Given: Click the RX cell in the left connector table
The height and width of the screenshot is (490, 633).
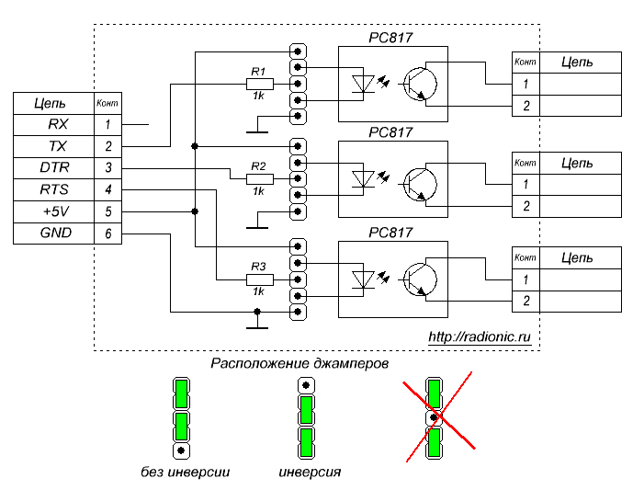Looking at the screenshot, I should [51, 123].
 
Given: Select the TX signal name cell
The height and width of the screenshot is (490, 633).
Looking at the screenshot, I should [51, 145].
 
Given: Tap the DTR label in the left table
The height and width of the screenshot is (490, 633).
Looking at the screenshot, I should [51, 167].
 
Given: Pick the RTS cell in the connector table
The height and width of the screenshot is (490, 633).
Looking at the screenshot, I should [51, 189].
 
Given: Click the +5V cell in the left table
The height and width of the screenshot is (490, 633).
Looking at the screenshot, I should [51, 211].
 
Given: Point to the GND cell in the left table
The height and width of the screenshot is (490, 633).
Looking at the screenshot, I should [51, 234].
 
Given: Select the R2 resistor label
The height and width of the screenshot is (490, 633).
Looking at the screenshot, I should [258, 166].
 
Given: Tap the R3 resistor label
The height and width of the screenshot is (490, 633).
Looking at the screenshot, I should [258, 267].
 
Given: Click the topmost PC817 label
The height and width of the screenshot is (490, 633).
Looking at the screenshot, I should [390, 38].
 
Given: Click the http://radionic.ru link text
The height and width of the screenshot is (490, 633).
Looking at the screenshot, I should [480, 337].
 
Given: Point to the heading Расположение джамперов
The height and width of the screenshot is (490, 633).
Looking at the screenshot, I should [300, 363].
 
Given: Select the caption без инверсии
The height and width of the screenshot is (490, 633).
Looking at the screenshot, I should [180, 473].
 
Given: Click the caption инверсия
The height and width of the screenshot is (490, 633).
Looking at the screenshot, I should [310, 473].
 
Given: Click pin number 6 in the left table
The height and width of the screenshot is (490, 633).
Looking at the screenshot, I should [107, 234].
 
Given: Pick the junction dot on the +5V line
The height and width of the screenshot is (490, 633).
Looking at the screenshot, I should [195, 211].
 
